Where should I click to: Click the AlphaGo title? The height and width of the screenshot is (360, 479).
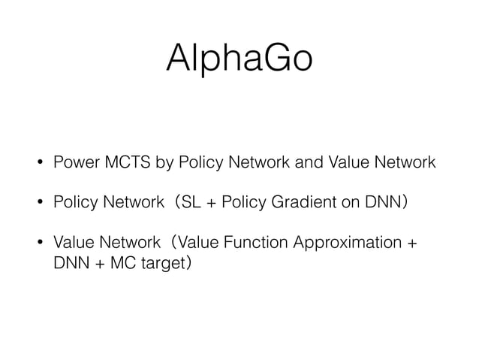pyautogui.click(x=239, y=58)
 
